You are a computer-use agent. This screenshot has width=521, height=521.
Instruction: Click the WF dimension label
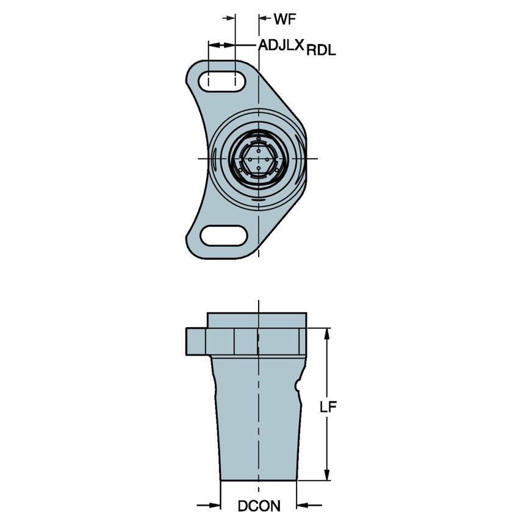[284, 19]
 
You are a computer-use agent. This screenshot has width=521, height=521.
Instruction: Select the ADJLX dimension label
[281, 45]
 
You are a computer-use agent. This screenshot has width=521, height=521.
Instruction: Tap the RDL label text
[321, 51]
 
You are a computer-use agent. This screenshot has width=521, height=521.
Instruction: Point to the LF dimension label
[329, 408]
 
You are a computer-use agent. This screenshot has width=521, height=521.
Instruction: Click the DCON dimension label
[259, 506]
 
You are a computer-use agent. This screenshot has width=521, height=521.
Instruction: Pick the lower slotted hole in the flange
[223, 235]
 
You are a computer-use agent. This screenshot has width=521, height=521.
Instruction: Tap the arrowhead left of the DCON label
[214, 505]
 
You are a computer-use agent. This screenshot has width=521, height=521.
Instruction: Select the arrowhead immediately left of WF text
[264, 19]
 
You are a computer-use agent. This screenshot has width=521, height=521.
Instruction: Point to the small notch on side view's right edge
[298, 386]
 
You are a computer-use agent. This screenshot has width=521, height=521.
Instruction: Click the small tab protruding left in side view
[195, 343]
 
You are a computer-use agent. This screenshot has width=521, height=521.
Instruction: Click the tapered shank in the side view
[256, 421]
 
